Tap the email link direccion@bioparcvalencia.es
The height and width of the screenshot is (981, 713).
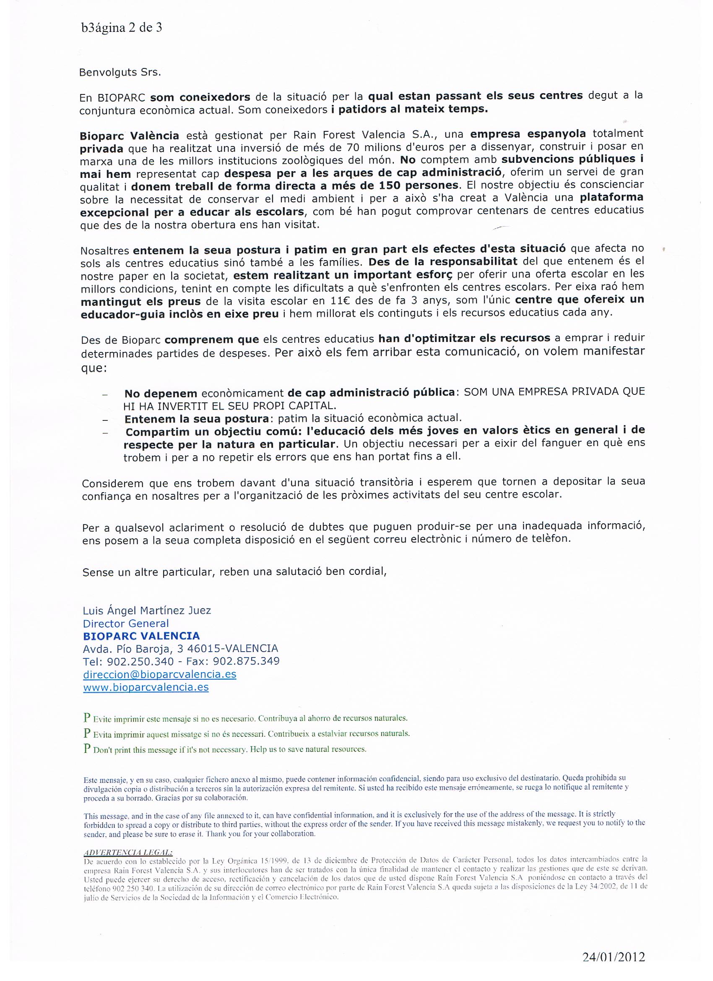(159, 674)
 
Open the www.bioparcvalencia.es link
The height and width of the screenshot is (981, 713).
(146, 687)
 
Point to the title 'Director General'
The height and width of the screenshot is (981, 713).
(126, 623)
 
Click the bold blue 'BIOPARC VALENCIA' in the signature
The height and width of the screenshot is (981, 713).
(141, 636)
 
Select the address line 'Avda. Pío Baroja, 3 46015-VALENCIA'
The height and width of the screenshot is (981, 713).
(180, 649)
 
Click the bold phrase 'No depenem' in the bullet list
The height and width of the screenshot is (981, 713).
(161, 393)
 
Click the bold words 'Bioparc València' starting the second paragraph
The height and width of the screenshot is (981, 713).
(129, 136)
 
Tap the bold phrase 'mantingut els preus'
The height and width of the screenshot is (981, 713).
(141, 301)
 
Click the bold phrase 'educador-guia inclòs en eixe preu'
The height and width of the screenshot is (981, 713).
(180, 313)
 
